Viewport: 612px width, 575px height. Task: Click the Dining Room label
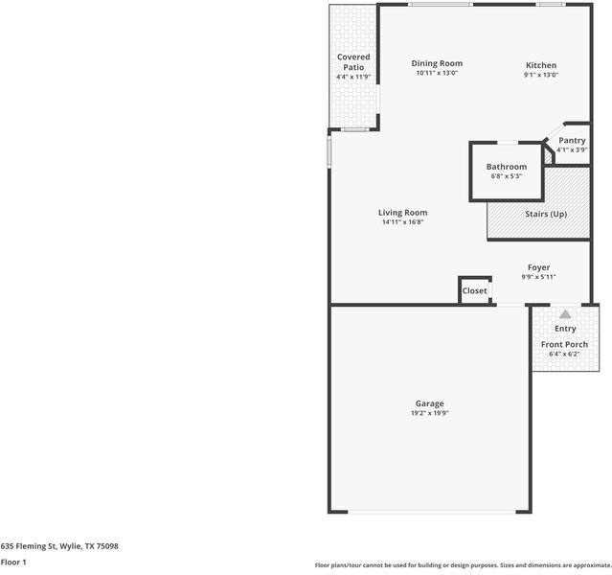tap(437, 63)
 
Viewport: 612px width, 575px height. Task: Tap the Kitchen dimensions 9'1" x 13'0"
tap(540, 75)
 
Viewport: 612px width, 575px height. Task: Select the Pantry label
tap(572, 140)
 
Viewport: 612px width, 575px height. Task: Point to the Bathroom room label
tap(506, 167)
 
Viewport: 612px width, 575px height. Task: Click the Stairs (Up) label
tap(546, 214)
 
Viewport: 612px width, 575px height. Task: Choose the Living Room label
tap(402, 213)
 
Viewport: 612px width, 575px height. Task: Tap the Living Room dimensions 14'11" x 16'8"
tap(402, 222)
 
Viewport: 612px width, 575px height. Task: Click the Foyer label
tap(538, 267)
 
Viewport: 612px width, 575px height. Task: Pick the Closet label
tap(475, 290)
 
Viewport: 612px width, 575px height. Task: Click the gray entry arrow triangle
tap(565, 313)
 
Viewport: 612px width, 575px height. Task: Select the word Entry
tap(565, 329)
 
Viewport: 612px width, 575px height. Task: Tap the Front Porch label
tap(564, 344)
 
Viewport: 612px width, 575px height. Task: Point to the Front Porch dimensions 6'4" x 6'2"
tap(564, 354)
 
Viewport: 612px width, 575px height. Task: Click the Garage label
tap(429, 403)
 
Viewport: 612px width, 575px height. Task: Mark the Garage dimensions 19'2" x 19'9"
tap(429, 414)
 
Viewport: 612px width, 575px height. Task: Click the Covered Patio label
tap(352, 62)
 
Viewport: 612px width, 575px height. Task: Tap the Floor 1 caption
tap(13, 562)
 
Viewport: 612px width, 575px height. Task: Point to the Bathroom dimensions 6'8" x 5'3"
tap(506, 176)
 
